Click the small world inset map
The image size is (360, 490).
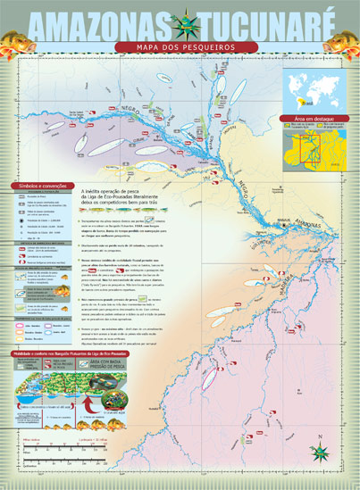314,89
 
